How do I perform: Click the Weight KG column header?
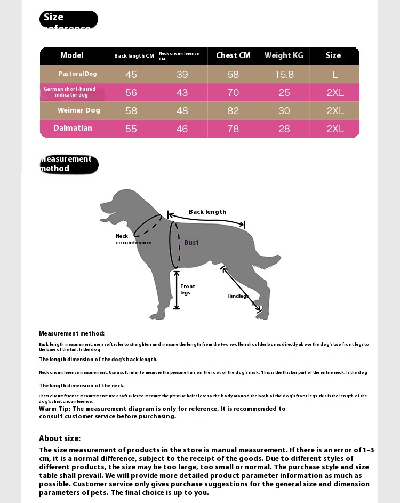tap(284, 55)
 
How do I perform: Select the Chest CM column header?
tap(233, 55)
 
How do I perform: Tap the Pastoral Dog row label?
tap(78, 74)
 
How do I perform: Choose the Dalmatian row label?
tap(73, 128)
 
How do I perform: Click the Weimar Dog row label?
tap(79, 110)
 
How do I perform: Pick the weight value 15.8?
tap(284, 75)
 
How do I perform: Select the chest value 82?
tap(233, 111)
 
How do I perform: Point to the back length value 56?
tap(131, 93)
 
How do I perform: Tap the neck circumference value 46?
tap(182, 129)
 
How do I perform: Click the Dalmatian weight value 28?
tap(284, 129)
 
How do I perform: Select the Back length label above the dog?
tap(207, 212)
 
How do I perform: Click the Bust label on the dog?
tap(191, 243)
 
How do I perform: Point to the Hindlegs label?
tap(238, 296)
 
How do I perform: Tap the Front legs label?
tap(187, 290)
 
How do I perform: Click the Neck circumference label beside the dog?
tap(133, 239)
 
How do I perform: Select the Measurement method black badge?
tap(69, 164)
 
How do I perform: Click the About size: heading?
tap(60, 438)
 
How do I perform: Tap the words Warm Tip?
tap(54, 409)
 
